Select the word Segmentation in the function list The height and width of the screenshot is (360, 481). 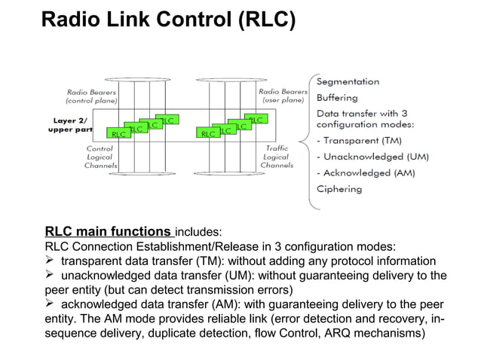(x=348, y=81)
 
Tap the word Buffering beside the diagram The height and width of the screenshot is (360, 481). (x=337, y=97)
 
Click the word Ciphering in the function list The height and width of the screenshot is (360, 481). (x=339, y=188)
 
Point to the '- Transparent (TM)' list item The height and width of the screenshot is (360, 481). (x=359, y=140)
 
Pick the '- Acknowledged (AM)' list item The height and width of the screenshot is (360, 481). (x=365, y=172)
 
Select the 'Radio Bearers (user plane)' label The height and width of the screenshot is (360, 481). (x=284, y=96)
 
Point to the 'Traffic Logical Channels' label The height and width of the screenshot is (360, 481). (x=277, y=157)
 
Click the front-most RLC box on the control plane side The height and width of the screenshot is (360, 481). (x=118, y=134)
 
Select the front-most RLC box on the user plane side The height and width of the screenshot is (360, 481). (x=207, y=134)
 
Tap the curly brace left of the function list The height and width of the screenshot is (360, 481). (x=305, y=139)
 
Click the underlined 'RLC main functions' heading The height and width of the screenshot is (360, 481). (x=108, y=231)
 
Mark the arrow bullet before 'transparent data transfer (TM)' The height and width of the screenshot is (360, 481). (x=51, y=261)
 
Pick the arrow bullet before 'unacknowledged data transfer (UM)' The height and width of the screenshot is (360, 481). (x=51, y=275)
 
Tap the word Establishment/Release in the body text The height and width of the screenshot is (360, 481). (x=207, y=246)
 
